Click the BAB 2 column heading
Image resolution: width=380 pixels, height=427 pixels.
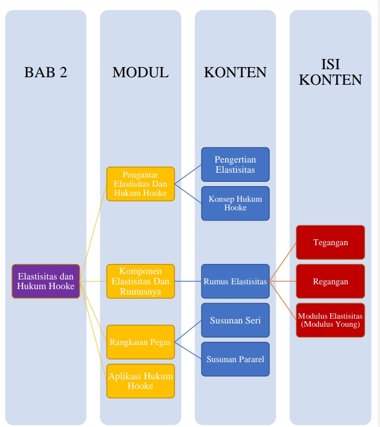(x=46, y=72)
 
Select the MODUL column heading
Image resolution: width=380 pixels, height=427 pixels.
(x=140, y=72)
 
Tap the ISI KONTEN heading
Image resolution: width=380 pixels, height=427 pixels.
(x=330, y=72)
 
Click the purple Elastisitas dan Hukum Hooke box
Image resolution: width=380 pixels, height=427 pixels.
(x=46, y=281)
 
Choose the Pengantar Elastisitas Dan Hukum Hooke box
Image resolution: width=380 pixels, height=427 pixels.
(x=140, y=184)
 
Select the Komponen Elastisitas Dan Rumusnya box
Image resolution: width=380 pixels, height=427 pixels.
(x=140, y=281)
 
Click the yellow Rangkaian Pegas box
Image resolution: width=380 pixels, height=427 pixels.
(x=140, y=342)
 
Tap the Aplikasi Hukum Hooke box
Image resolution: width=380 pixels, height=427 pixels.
(x=140, y=381)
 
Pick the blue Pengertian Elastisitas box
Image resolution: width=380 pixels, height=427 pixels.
(x=235, y=165)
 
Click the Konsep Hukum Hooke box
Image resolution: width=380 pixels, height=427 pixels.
(x=235, y=203)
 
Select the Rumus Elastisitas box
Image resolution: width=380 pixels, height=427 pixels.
(x=235, y=281)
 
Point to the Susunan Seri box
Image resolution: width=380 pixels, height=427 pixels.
(x=235, y=320)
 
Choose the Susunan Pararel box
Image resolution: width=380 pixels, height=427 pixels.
(x=235, y=359)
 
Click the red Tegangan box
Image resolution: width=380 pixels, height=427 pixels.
(x=330, y=242)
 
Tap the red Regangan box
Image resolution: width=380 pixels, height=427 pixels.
(x=330, y=281)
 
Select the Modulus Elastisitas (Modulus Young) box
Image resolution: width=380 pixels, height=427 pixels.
(x=330, y=320)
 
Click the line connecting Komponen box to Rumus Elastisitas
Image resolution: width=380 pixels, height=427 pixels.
(x=188, y=281)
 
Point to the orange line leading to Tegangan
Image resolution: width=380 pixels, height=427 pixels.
(x=283, y=261)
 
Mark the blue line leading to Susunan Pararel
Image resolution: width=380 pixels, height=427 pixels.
(x=188, y=351)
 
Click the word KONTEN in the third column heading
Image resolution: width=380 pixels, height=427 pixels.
(x=235, y=72)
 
